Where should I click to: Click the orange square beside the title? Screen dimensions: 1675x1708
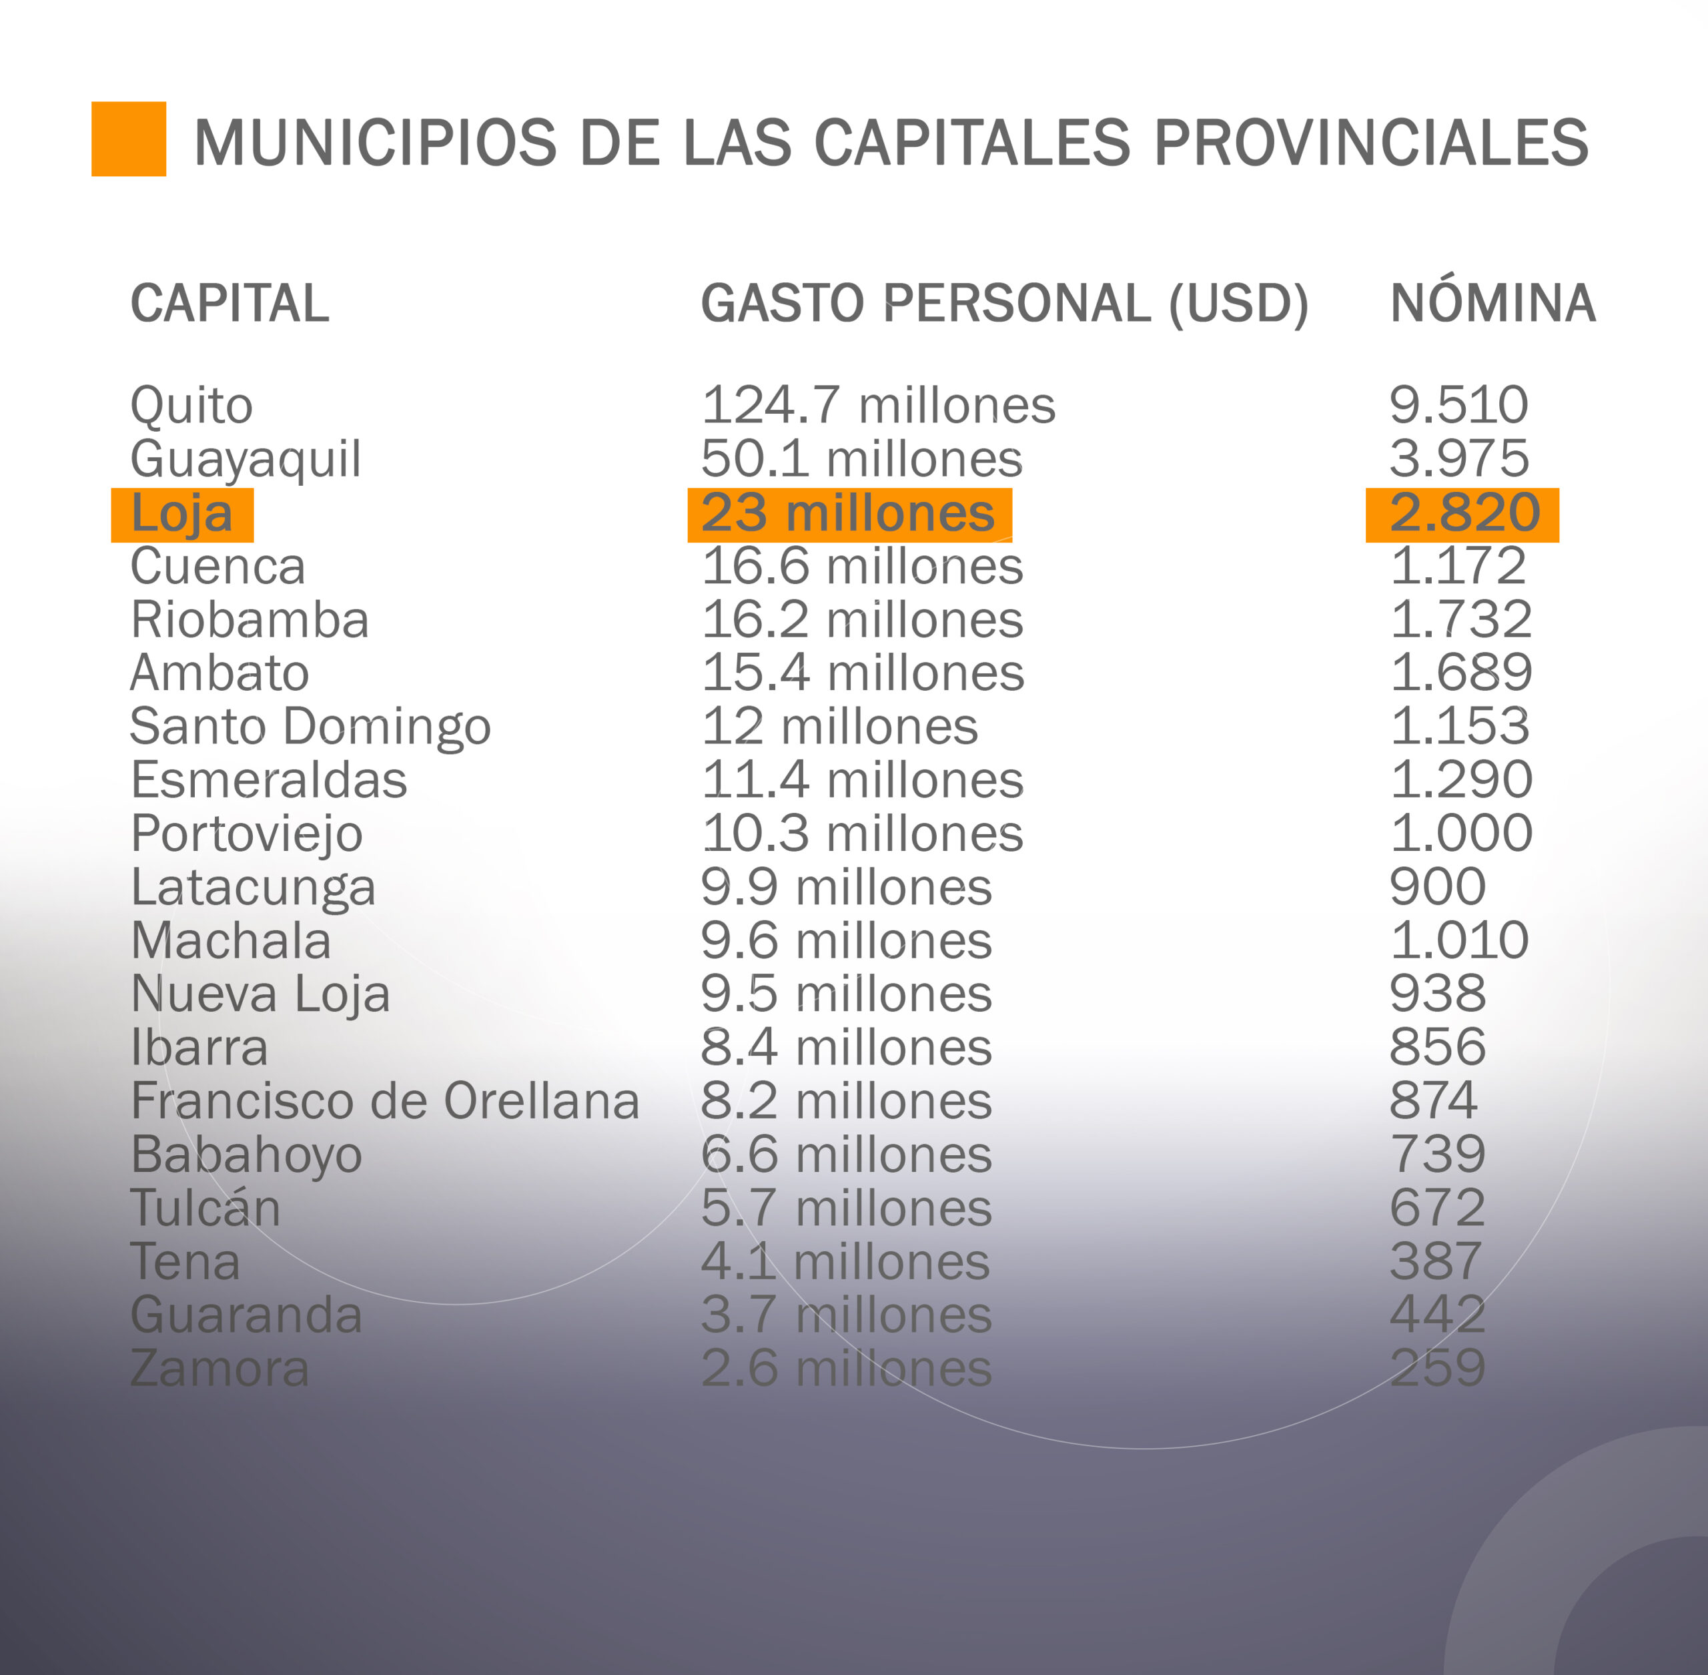coord(128,139)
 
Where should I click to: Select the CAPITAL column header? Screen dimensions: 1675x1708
coord(230,304)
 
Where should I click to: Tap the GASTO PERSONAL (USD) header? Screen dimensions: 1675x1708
coord(1003,304)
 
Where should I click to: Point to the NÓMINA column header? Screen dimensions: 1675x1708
coord(1492,304)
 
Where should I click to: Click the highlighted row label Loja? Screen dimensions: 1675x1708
coord(182,514)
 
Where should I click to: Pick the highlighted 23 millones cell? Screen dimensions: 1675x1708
coord(848,514)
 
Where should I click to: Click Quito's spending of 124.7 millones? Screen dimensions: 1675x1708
coord(878,406)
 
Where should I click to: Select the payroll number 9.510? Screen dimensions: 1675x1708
coord(1458,406)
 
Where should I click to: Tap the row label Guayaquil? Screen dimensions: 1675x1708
coord(246,460)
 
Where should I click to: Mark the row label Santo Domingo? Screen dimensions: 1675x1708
coord(310,727)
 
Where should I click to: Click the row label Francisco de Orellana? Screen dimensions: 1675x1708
coord(384,1101)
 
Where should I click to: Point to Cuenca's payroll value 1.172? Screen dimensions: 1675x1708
coord(1457,567)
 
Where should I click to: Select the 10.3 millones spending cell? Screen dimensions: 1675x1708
coord(862,834)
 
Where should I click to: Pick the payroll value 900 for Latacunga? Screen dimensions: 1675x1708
coord(1437,887)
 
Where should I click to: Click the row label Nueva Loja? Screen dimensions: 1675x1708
coord(260,995)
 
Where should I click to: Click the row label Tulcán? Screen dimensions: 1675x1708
coord(205,1209)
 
